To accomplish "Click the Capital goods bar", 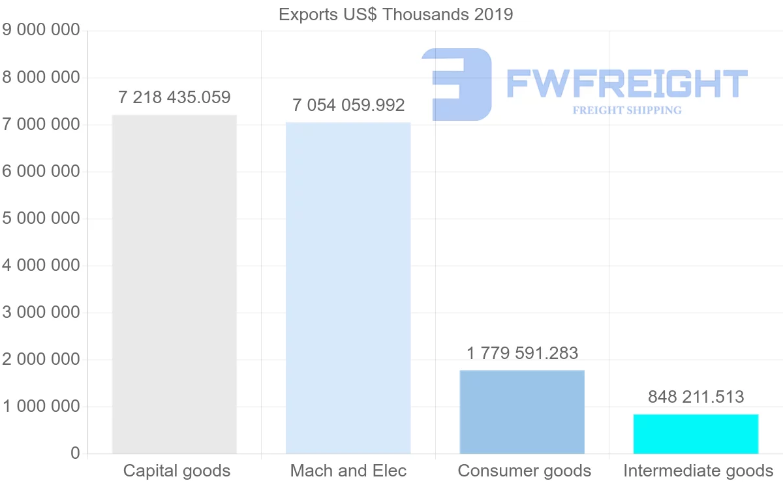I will tap(174, 285).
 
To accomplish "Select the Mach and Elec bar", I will tap(348, 288).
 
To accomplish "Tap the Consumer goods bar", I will tap(522, 412).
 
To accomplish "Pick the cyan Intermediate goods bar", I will tap(696, 434).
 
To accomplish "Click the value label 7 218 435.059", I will tap(174, 98).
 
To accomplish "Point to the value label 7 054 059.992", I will tap(348, 105).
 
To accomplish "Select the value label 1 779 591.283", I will tap(522, 353).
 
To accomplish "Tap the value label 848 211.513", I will tap(696, 396).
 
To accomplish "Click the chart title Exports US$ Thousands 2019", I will tap(396, 14).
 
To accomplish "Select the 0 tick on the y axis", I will tap(75, 453).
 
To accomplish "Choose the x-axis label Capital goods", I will tap(177, 471).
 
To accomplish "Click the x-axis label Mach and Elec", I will tap(348, 471).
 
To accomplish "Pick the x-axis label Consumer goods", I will tap(525, 471).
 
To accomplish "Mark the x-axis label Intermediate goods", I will tap(698, 471).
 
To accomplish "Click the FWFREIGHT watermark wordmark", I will tap(626, 84).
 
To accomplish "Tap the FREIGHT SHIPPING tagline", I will tap(627, 110).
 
